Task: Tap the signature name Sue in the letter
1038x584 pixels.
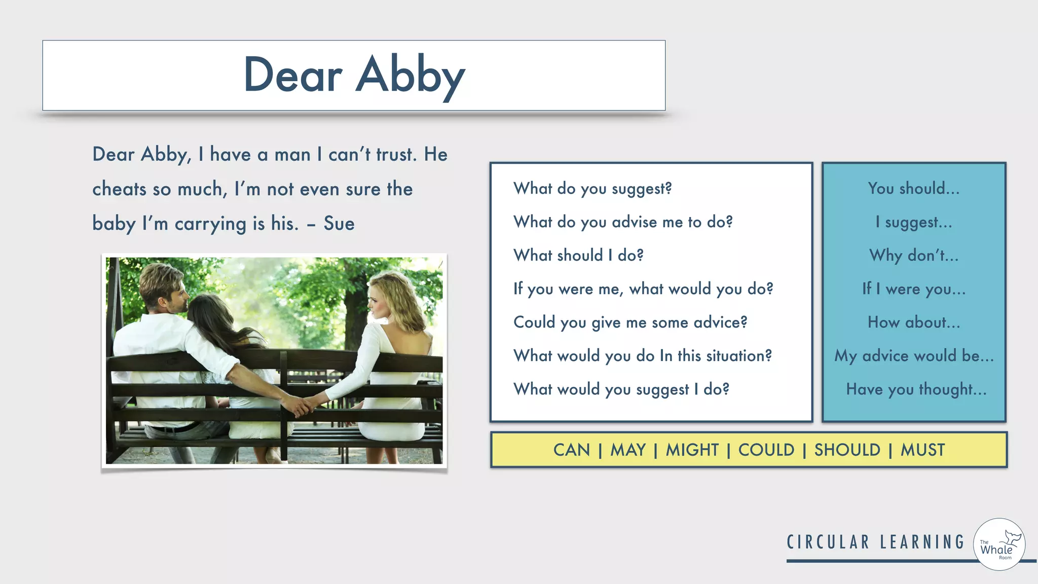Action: click(x=339, y=224)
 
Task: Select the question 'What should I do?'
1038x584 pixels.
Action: click(x=578, y=255)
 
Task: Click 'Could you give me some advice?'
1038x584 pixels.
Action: click(x=630, y=322)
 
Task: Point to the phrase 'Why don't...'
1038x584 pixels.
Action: click(x=914, y=255)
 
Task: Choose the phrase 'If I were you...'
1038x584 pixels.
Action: click(x=914, y=289)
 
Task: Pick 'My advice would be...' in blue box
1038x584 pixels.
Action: click(x=914, y=356)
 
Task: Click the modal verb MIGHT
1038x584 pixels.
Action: click(x=692, y=450)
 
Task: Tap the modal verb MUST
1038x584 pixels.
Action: click(x=922, y=450)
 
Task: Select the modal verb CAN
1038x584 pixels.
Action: click(x=572, y=450)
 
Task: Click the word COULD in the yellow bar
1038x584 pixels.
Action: click(x=766, y=450)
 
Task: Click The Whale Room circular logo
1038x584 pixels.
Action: click(x=999, y=544)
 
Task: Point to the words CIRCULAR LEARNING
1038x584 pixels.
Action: click(x=875, y=542)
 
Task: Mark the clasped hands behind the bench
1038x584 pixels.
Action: click(x=302, y=405)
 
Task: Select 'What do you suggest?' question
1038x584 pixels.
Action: click(x=592, y=189)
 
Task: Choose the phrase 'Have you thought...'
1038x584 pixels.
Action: click(x=916, y=389)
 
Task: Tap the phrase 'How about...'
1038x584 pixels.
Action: click(x=914, y=322)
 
